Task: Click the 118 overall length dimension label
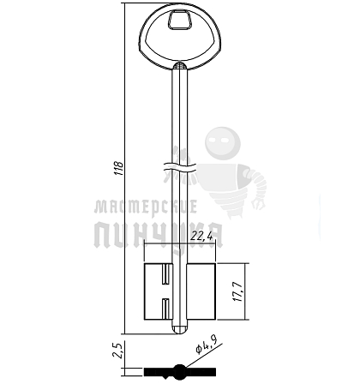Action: coord(119,168)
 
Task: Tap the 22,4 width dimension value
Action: coord(202,236)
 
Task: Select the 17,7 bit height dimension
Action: coord(237,291)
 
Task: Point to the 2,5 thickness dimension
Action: coord(117,350)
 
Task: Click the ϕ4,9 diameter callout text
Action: coord(206,345)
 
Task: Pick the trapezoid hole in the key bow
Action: coord(179,20)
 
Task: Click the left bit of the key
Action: coord(159,291)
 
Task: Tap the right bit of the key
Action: coord(201,291)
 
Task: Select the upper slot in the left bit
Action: coord(165,274)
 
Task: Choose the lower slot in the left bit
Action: coord(165,309)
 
